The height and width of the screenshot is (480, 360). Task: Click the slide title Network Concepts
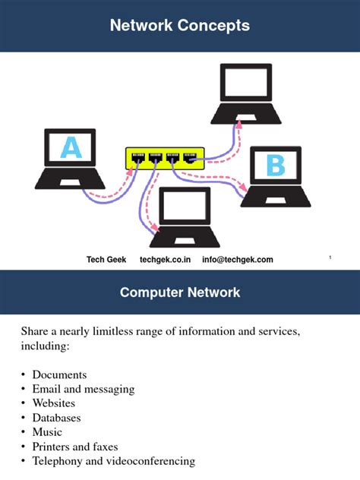coord(179,26)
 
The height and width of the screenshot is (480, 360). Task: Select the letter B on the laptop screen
coord(275,165)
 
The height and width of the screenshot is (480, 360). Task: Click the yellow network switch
coord(164,159)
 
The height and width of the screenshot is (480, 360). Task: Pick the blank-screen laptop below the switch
coord(182,216)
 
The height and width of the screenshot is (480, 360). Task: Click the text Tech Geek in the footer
coord(106,260)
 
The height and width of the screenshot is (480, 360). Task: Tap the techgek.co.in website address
coord(165,260)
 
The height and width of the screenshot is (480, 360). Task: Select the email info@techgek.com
coord(237,260)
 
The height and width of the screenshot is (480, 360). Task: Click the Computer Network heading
coord(179,292)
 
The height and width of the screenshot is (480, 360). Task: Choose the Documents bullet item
coord(59,374)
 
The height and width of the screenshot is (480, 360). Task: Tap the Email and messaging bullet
coord(83,389)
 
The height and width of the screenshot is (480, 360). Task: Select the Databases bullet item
coord(56,418)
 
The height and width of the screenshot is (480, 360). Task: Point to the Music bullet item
coord(47,432)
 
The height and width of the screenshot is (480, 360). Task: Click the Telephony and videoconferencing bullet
coord(113,461)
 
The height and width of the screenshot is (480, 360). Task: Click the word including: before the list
coord(45,346)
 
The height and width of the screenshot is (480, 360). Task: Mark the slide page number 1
coord(330,259)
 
